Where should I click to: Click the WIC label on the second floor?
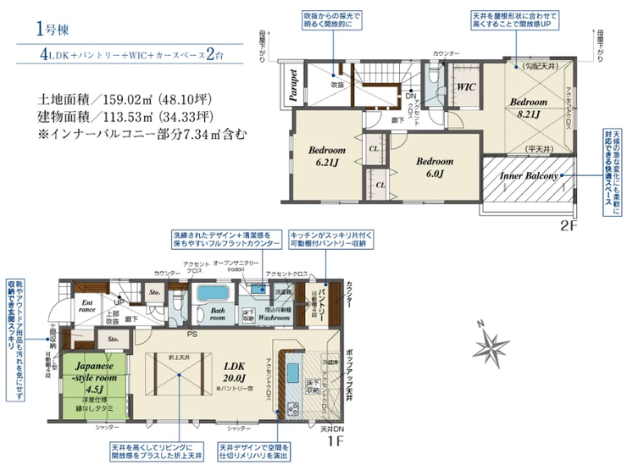tap(465, 87)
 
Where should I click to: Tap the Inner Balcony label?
tap(528, 176)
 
